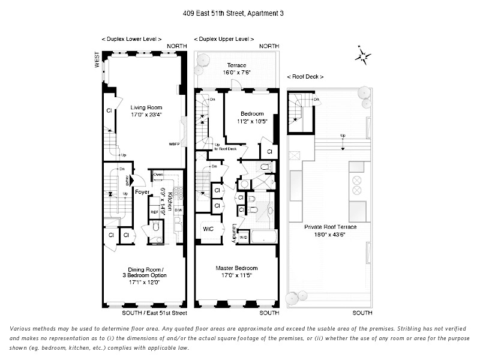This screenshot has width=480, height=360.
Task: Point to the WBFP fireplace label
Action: pos(174,145)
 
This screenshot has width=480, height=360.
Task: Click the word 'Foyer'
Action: pos(142,193)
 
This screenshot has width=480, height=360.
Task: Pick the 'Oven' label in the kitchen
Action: pos(158,175)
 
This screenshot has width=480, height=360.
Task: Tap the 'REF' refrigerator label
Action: pos(154,212)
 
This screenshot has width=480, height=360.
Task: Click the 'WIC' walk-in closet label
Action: pos(206,229)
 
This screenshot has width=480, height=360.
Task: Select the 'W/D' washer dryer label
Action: pos(242,237)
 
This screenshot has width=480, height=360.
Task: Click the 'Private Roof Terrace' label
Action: pos(331,227)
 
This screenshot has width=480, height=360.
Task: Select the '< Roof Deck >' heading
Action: pos(305,77)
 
